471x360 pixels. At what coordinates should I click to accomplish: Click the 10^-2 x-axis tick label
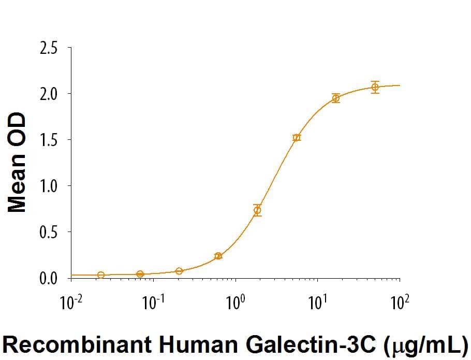[x=71, y=301]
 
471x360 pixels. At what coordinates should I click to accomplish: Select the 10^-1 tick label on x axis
[x=153, y=301]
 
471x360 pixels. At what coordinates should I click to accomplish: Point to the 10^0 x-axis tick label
[x=236, y=301]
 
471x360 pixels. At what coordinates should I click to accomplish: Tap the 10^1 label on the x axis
[x=317, y=301]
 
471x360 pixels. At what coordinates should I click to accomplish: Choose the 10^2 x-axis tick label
[x=399, y=301]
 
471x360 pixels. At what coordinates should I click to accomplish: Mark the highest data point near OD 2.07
[x=375, y=87]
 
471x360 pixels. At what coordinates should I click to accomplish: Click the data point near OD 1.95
[x=336, y=98]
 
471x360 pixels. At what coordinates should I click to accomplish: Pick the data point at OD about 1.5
[x=297, y=138]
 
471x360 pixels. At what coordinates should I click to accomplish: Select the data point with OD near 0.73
[x=257, y=210]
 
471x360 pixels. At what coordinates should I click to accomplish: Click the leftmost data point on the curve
[x=101, y=275]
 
